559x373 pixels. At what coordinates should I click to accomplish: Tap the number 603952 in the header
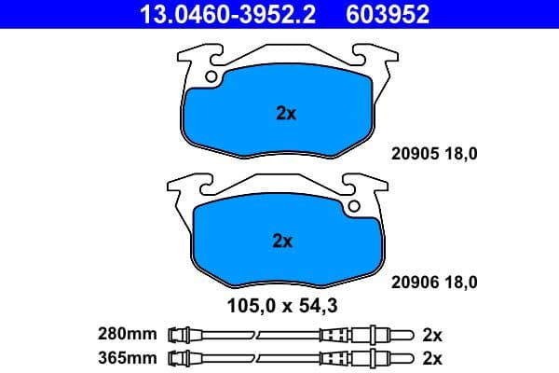tap(388, 15)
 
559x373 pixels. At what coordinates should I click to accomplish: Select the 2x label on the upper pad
tap(286, 114)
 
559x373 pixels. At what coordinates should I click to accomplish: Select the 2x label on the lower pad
tap(282, 241)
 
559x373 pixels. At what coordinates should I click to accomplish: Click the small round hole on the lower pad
tap(353, 205)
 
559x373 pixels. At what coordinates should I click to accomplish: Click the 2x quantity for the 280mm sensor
tap(431, 334)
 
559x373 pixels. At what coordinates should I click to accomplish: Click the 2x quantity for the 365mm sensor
tap(431, 357)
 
